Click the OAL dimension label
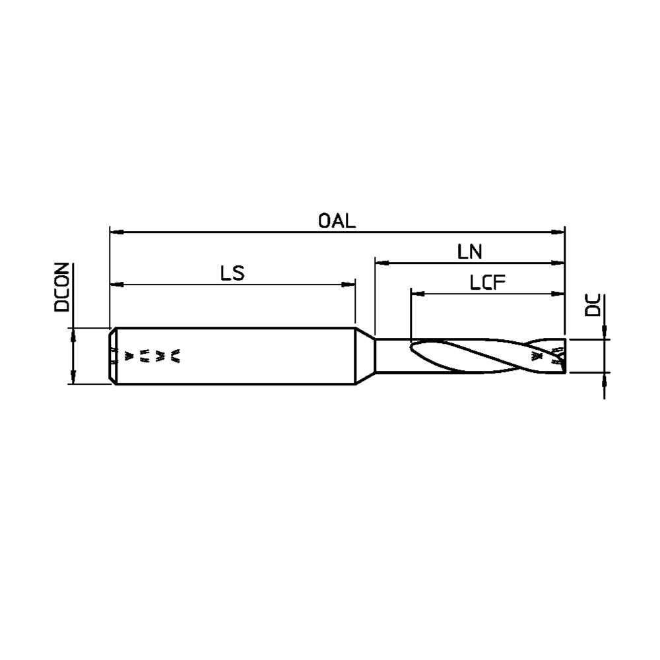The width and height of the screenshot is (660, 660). click(x=337, y=221)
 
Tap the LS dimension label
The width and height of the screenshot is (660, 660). click(x=232, y=274)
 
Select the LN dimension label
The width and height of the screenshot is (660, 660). click(x=470, y=251)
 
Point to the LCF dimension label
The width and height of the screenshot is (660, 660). click(x=488, y=282)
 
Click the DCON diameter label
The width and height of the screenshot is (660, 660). click(x=62, y=287)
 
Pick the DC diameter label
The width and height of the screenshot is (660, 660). click(x=593, y=305)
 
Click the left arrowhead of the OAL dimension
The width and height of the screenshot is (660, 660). click(x=117, y=232)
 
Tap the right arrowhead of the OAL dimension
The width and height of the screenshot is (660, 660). click(x=558, y=232)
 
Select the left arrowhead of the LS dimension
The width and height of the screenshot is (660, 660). click(x=117, y=284)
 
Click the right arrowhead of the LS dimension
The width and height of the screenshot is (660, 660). click(x=348, y=284)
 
